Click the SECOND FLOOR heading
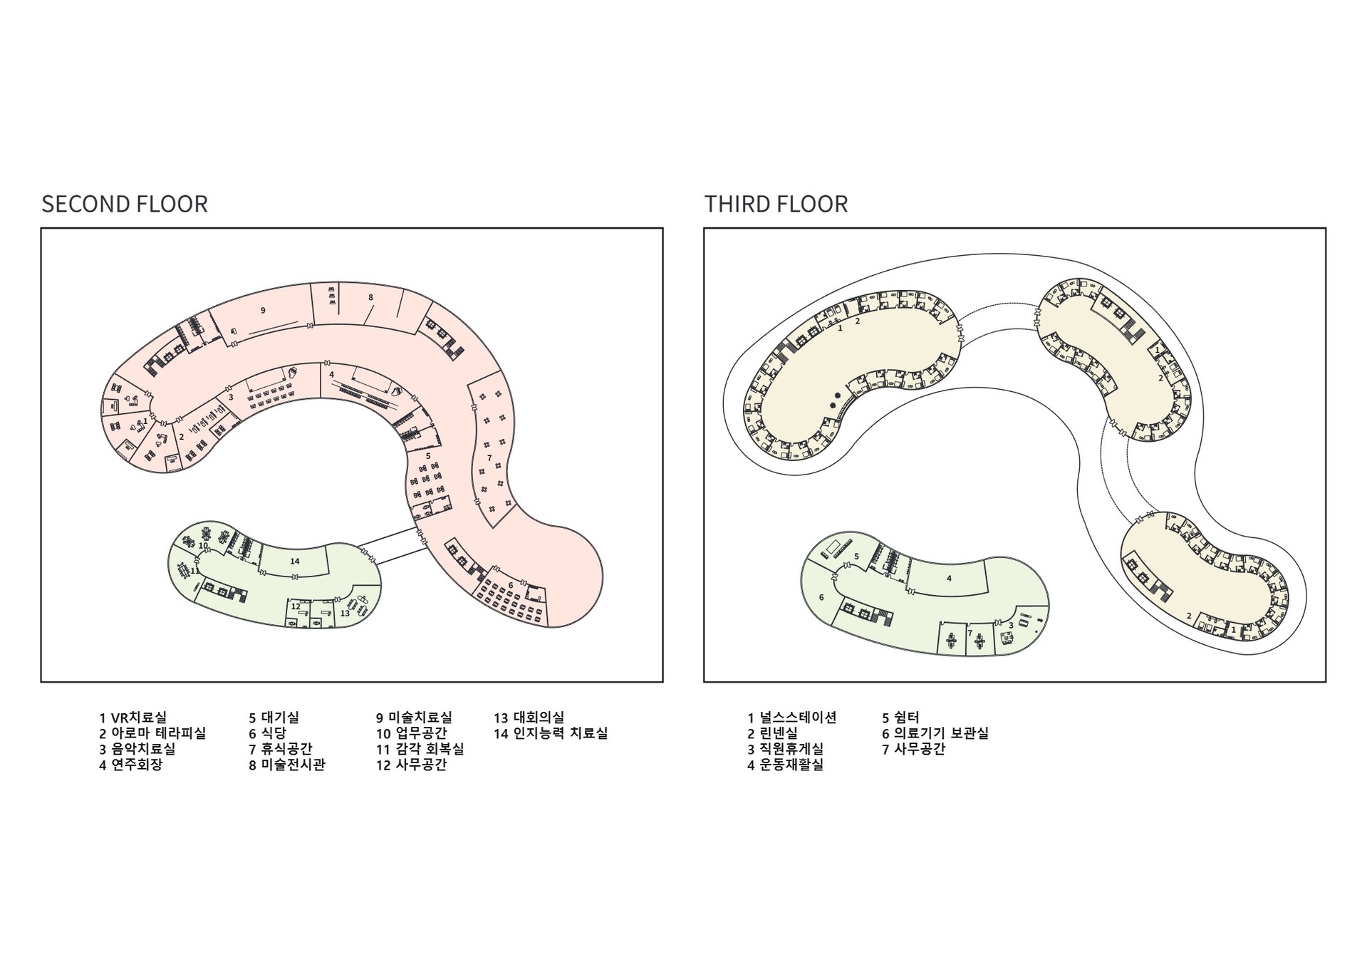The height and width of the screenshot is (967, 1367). [125, 204]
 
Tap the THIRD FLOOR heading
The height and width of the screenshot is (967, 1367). [776, 204]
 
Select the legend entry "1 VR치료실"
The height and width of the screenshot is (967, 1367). [132, 718]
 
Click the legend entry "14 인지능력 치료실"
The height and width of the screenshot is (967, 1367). [551, 733]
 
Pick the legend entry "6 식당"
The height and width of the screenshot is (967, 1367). [267, 733]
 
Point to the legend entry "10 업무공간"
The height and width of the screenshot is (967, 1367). [411, 733]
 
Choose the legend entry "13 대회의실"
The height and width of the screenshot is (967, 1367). [529, 718]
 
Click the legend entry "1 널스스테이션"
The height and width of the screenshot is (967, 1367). [791, 718]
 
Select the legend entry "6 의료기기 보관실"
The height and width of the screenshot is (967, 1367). [935, 733]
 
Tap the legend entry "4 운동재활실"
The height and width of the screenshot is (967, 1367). [785, 765]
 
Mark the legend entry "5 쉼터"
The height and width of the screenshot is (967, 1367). [900, 718]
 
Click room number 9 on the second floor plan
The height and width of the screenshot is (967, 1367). [263, 310]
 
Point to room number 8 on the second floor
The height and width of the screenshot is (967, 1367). [370, 297]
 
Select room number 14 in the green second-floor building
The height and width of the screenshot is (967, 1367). [295, 562]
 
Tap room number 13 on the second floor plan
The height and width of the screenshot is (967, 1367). [345, 613]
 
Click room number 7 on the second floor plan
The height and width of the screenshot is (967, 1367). [489, 457]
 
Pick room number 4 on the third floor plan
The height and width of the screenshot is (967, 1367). [949, 579]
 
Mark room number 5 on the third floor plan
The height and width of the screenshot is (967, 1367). [856, 556]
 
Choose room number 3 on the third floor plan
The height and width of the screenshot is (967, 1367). [1011, 626]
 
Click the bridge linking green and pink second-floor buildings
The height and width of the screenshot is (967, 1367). [393, 547]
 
